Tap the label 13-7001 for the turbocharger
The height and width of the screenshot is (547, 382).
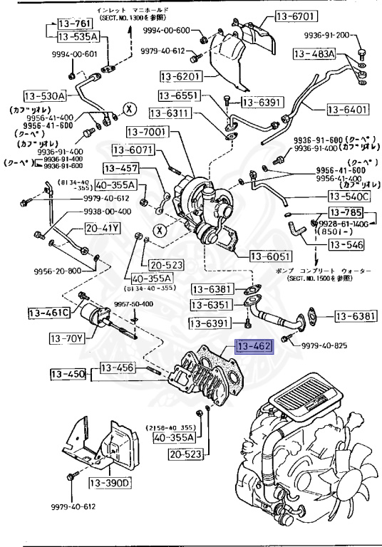tap(147, 132)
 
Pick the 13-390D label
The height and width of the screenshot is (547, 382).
tap(110, 483)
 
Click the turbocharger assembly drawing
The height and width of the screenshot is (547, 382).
tap(203, 203)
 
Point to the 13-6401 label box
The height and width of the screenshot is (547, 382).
tap(349, 110)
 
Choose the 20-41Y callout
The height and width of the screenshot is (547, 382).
tap(103, 229)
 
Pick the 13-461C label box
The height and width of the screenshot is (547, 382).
tap(49, 313)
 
